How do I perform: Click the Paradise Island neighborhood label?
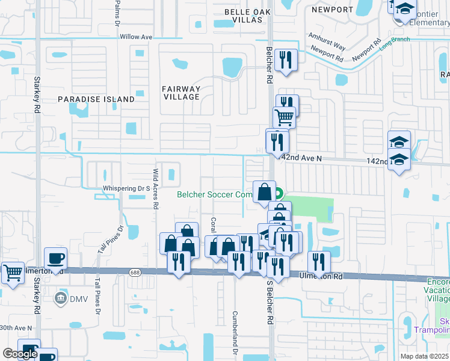point(96,99)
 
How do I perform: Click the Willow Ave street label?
point(136,37)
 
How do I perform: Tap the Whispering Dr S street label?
point(126,188)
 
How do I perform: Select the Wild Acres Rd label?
point(155,188)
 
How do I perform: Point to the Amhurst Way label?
point(327,42)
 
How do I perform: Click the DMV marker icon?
point(60,297)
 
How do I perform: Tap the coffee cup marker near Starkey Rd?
point(55,259)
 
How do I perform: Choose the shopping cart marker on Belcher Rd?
point(285,117)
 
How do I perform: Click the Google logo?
point(20,354)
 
